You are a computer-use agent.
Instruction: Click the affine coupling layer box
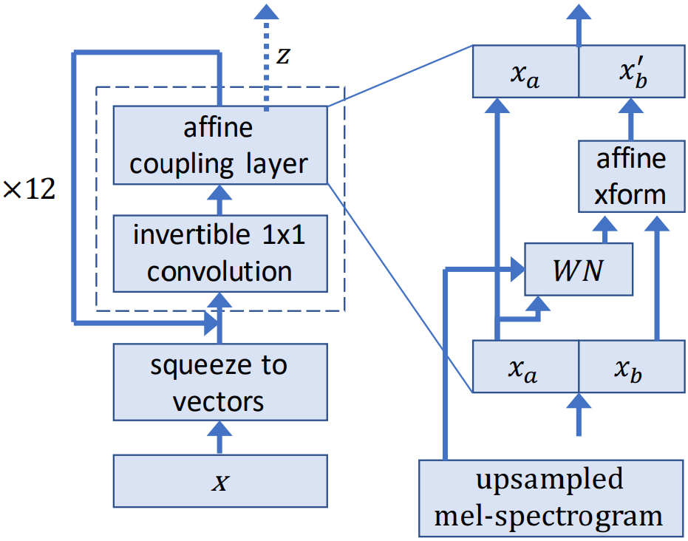(x=219, y=146)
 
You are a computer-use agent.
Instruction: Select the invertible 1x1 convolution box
(x=219, y=253)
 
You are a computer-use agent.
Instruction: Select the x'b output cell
(x=631, y=72)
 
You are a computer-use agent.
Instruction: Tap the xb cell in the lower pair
(x=631, y=367)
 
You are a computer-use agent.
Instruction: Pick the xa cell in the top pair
(x=525, y=72)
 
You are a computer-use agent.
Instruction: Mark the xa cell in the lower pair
(x=525, y=367)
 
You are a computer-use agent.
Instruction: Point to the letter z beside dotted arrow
(x=282, y=56)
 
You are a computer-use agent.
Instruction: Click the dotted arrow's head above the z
(x=266, y=10)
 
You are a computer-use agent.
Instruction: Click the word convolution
(x=219, y=270)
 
